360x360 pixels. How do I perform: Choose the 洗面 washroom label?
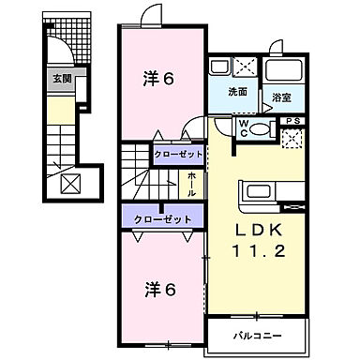237,93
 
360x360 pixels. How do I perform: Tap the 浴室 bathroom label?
280,97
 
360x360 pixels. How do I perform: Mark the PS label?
294,120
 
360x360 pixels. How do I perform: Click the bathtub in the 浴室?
281,71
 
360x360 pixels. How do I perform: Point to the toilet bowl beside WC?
263,129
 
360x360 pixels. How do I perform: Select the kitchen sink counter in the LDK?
269,194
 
